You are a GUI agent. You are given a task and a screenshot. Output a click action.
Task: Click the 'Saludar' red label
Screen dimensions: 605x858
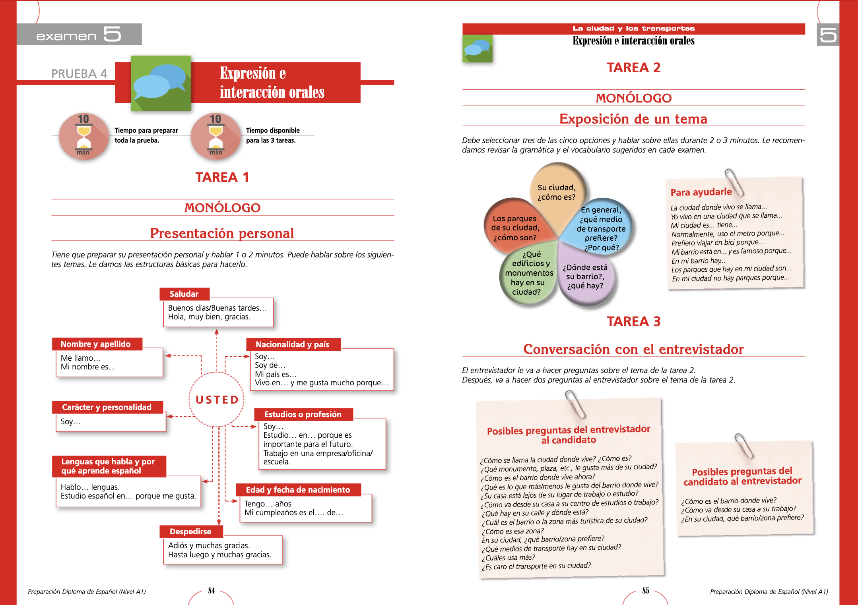pos(184,294)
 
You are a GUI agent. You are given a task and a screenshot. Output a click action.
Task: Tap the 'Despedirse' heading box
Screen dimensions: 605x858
pos(190,532)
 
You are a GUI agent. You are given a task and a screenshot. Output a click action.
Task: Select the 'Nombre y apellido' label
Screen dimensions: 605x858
pos(96,344)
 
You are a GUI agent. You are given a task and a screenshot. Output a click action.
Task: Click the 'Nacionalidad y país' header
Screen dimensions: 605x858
pos(293,344)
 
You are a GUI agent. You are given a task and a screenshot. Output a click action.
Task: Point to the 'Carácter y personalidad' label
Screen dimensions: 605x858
pos(107,407)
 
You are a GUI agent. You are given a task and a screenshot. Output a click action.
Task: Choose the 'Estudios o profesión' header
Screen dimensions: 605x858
pos(303,414)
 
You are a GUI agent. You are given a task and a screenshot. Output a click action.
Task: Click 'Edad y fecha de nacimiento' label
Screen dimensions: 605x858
pos(298,490)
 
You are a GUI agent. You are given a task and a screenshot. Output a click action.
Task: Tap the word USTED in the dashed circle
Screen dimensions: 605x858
pos(217,400)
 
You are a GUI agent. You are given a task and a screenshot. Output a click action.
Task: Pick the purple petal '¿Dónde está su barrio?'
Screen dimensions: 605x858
pos(585,277)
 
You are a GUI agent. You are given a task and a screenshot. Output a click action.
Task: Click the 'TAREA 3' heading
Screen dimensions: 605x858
pos(633,321)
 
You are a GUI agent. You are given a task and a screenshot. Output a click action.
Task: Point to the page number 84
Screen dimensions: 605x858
pos(212,591)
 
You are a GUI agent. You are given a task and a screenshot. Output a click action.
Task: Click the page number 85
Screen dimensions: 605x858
pos(646,591)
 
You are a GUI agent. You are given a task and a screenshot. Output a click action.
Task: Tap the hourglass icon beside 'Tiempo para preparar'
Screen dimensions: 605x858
pos(83,136)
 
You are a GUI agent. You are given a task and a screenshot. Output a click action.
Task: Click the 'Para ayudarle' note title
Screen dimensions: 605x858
pos(701,192)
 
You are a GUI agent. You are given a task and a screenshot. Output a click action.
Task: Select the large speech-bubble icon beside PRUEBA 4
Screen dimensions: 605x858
pos(161,83)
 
